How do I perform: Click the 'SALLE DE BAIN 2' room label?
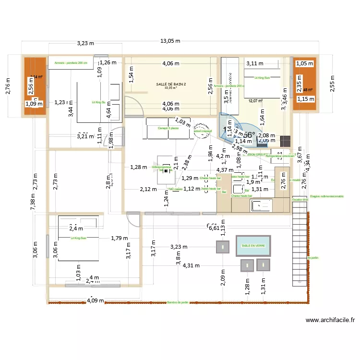pyautogui.click(x=171, y=84)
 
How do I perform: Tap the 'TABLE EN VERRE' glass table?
pyautogui.click(x=253, y=246)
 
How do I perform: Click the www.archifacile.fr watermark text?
pyautogui.click(x=331, y=320)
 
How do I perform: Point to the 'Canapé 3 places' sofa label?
pyautogui.click(x=168, y=128)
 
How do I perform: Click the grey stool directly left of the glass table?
pyautogui.click(x=223, y=247)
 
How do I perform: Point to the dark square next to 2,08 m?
pyautogui.click(x=285, y=141)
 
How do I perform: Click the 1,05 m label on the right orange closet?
pyautogui.click(x=303, y=63)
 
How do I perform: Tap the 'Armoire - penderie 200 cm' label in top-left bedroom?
pyautogui.click(x=71, y=63)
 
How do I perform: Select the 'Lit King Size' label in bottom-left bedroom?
pyautogui.click(x=78, y=238)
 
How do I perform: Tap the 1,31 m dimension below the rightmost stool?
pyautogui.click(x=263, y=288)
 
